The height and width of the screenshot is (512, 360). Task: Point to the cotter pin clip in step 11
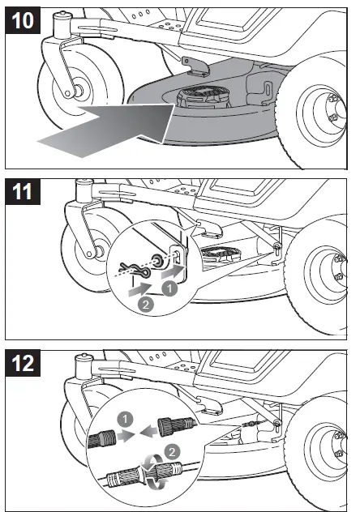(x=134, y=268)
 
